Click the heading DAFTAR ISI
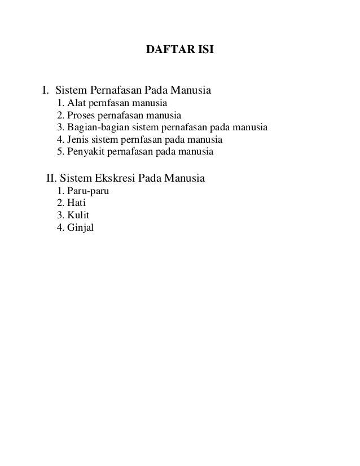(x=180, y=51)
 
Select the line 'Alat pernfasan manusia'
(x=112, y=103)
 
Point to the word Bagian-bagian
(x=96, y=128)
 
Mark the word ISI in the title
(x=205, y=51)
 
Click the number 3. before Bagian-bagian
(x=61, y=128)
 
